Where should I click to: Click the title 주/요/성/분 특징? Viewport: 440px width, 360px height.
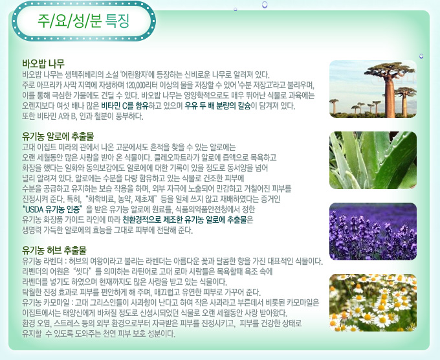click(83, 21)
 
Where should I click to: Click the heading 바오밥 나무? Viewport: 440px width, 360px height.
click(43, 63)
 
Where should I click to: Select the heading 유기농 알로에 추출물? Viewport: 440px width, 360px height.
click(58, 136)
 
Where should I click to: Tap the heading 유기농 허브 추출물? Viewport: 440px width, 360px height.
click(54, 250)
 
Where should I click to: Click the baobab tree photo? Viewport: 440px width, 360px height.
click(373, 89)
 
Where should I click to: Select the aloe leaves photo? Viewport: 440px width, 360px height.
click(373, 160)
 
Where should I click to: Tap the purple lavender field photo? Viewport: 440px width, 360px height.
click(373, 231)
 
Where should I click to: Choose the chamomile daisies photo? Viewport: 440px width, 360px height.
click(373, 302)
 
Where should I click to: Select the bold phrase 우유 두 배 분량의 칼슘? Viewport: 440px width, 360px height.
click(217, 106)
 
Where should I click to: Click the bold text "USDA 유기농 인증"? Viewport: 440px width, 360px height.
click(53, 209)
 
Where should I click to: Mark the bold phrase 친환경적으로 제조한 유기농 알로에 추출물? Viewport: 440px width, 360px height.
click(184, 219)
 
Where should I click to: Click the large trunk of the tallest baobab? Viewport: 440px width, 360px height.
click(390, 97)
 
